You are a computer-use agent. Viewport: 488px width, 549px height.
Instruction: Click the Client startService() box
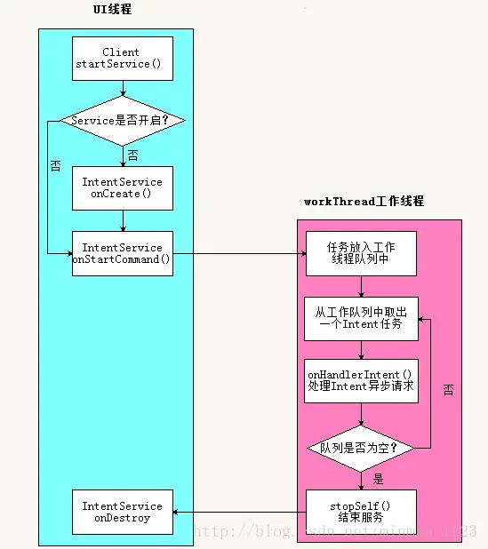(x=122, y=59)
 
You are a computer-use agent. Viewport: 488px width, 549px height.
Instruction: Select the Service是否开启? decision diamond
(x=122, y=119)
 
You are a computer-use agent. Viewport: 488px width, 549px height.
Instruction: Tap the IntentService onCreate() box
(x=122, y=187)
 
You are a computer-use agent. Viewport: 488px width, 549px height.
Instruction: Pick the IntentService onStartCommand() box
(x=122, y=253)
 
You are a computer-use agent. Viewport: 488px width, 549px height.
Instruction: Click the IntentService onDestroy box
(x=122, y=512)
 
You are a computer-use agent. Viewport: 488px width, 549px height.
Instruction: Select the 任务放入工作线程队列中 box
(x=361, y=253)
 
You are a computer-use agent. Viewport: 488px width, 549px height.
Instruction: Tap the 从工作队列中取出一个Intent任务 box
(x=361, y=318)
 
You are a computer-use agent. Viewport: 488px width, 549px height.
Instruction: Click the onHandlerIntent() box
(x=361, y=381)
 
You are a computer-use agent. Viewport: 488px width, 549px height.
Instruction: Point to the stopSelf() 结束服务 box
(x=361, y=512)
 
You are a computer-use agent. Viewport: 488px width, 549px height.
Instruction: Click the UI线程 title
(x=114, y=10)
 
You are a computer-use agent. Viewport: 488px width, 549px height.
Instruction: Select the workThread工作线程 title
(x=364, y=202)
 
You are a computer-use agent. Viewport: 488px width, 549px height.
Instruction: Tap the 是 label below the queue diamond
(x=379, y=479)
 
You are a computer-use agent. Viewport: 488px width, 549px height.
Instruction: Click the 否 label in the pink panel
(x=448, y=390)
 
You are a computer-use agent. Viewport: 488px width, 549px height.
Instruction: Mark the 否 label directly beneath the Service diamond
(x=133, y=155)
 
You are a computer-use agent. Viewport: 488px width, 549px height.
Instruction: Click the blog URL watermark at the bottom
(x=338, y=531)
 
